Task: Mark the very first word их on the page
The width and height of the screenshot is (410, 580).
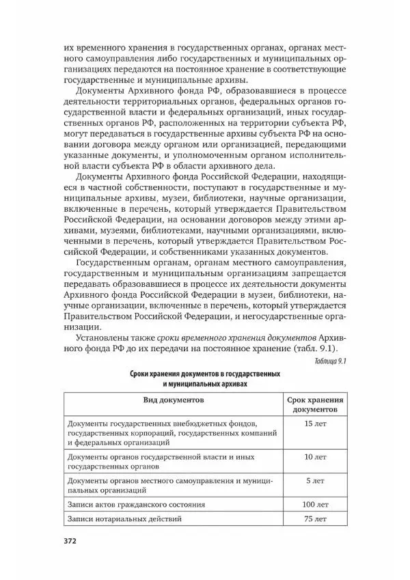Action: click(x=68, y=50)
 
